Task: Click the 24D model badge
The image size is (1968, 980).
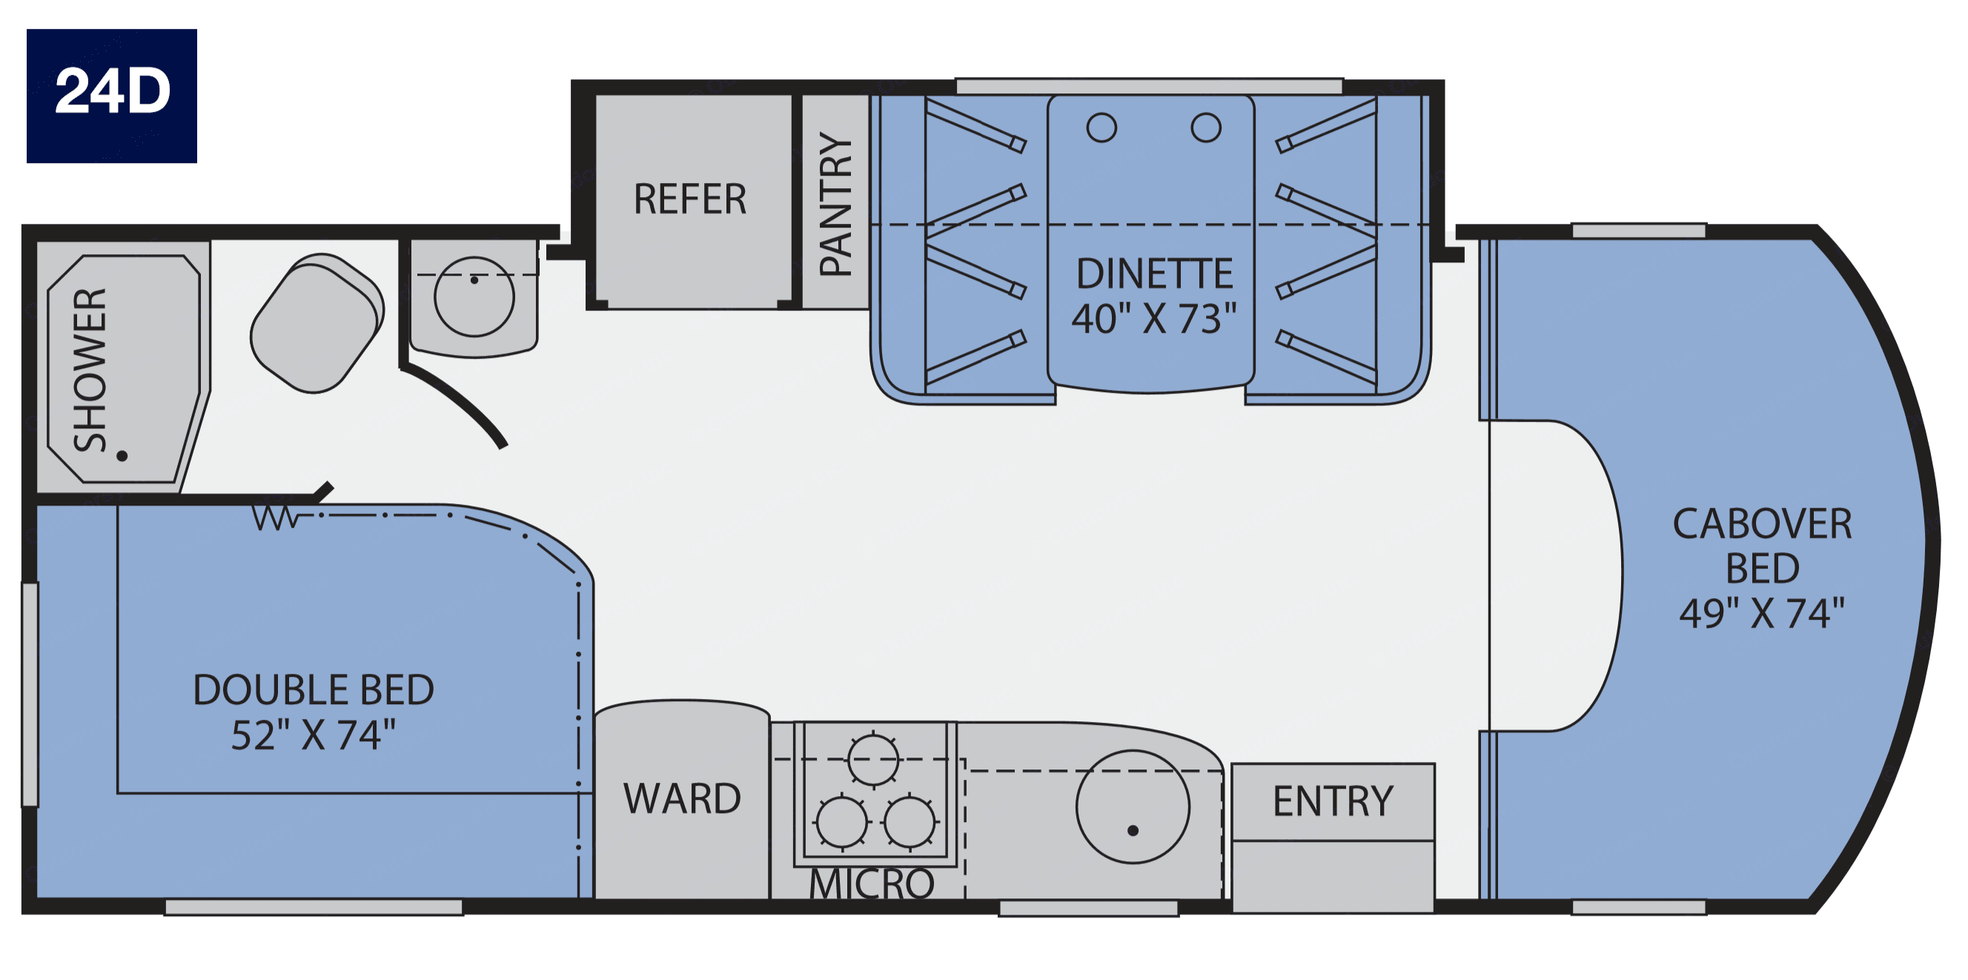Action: [x=111, y=96]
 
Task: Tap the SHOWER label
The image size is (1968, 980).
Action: [x=90, y=370]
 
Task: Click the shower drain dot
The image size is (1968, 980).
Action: [x=122, y=456]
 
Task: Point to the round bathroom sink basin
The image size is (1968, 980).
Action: [x=474, y=297]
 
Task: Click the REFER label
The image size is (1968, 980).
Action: [x=690, y=199]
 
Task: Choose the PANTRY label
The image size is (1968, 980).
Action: [x=835, y=203]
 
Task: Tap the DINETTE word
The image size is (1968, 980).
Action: [x=1154, y=274]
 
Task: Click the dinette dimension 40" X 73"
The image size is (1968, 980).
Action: [x=1153, y=319]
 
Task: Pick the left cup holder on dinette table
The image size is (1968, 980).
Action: [x=1101, y=128]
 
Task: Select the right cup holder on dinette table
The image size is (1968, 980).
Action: [x=1205, y=128]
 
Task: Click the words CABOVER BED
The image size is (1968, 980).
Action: [x=1763, y=546]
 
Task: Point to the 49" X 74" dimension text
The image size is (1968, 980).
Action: [x=1762, y=612]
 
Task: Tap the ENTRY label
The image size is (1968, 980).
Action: [x=1333, y=801]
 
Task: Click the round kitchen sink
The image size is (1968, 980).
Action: [x=1132, y=807]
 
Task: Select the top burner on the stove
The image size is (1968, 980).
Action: [x=872, y=759]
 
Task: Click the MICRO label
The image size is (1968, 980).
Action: [x=872, y=884]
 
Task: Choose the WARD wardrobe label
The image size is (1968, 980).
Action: [x=682, y=799]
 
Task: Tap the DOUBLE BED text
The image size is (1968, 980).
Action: [x=314, y=689]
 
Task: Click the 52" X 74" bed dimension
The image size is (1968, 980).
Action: [x=314, y=735]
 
